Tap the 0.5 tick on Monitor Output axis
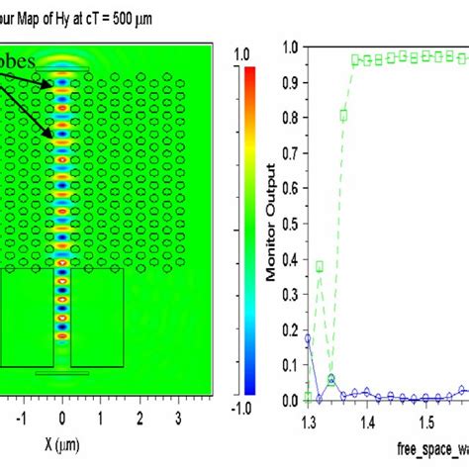[x=289, y=223]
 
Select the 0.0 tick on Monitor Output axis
[x=289, y=400]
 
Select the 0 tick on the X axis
[x=63, y=419]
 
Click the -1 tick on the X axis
[x=24, y=419]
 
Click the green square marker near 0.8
[x=343, y=115]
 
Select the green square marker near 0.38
[x=320, y=265]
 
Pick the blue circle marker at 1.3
[x=308, y=338]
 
